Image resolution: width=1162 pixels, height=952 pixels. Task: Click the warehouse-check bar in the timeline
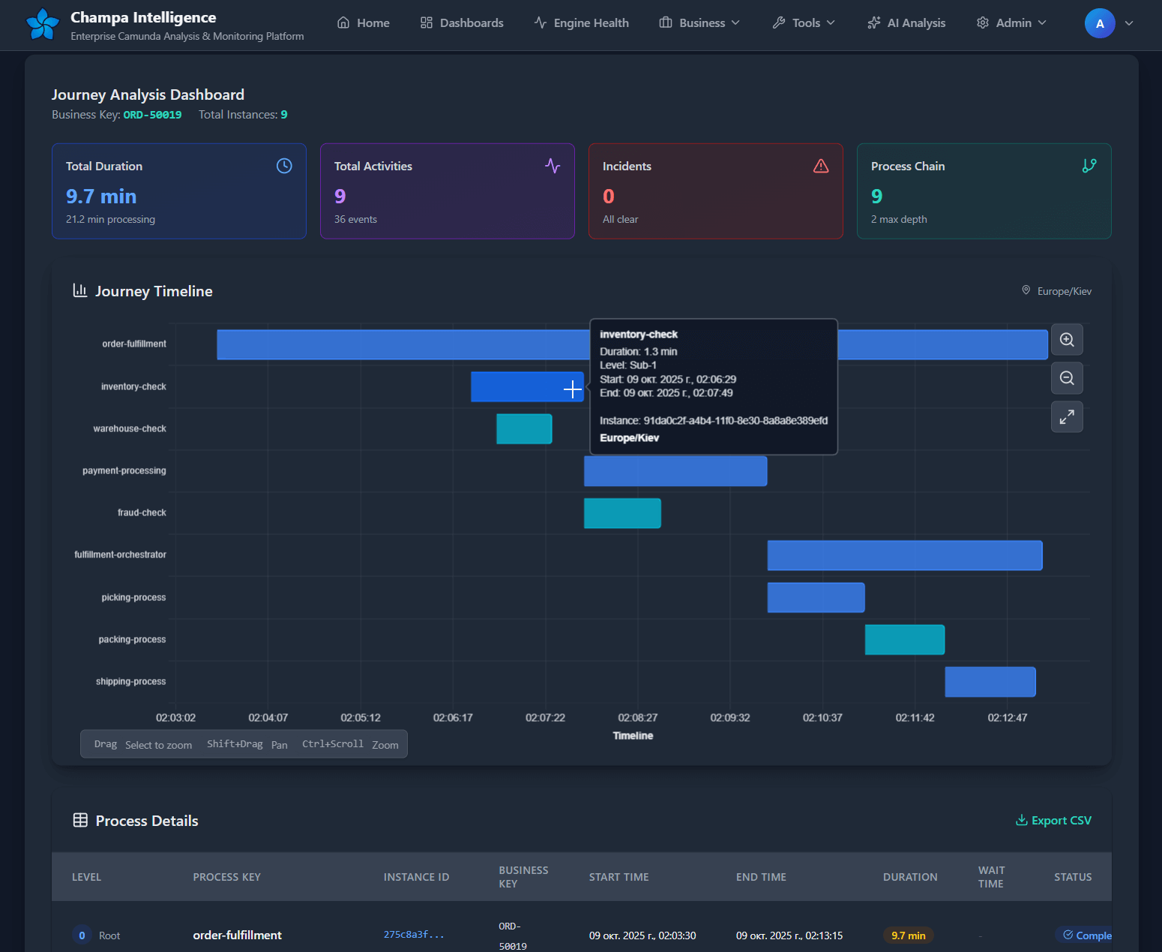click(524, 429)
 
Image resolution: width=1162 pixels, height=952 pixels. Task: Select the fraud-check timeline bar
click(622, 513)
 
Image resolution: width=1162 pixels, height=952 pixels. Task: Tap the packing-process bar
click(904, 640)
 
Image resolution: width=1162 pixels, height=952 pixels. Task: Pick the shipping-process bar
click(990, 682)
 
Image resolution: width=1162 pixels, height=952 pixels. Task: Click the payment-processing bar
click(675, 471)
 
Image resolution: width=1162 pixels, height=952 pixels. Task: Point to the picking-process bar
click(816, 598)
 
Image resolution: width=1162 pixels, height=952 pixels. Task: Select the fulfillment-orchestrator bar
click(904, 555)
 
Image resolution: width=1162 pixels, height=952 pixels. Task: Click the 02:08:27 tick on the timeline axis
click(637, 718)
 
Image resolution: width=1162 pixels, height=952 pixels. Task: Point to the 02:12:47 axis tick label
click(1007, 718)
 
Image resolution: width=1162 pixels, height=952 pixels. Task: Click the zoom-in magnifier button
click(1067, 340)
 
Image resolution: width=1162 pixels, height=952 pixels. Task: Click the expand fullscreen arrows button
click(1067, 417)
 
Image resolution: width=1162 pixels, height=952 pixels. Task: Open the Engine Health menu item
click(582, 23)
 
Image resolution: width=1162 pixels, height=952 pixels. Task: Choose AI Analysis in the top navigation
click(906, 23)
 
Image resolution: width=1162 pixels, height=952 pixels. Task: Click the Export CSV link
click(1053, 821)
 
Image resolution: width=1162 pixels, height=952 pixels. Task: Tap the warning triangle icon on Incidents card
click(821, 166)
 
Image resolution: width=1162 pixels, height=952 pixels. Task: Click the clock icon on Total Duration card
click(284, 166)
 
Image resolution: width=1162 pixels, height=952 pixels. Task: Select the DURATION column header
click(909, 877)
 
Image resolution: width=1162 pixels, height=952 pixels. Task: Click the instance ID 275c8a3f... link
click(414, 935)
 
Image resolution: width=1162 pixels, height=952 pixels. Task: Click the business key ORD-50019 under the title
click(152, 115)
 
